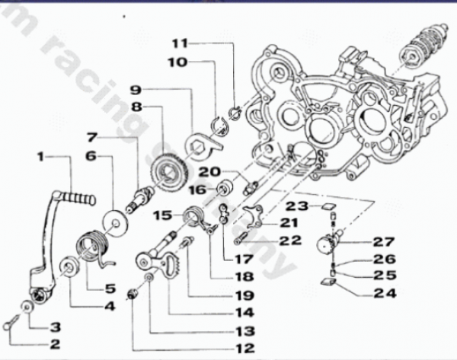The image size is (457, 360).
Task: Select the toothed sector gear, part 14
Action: (170, 266)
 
